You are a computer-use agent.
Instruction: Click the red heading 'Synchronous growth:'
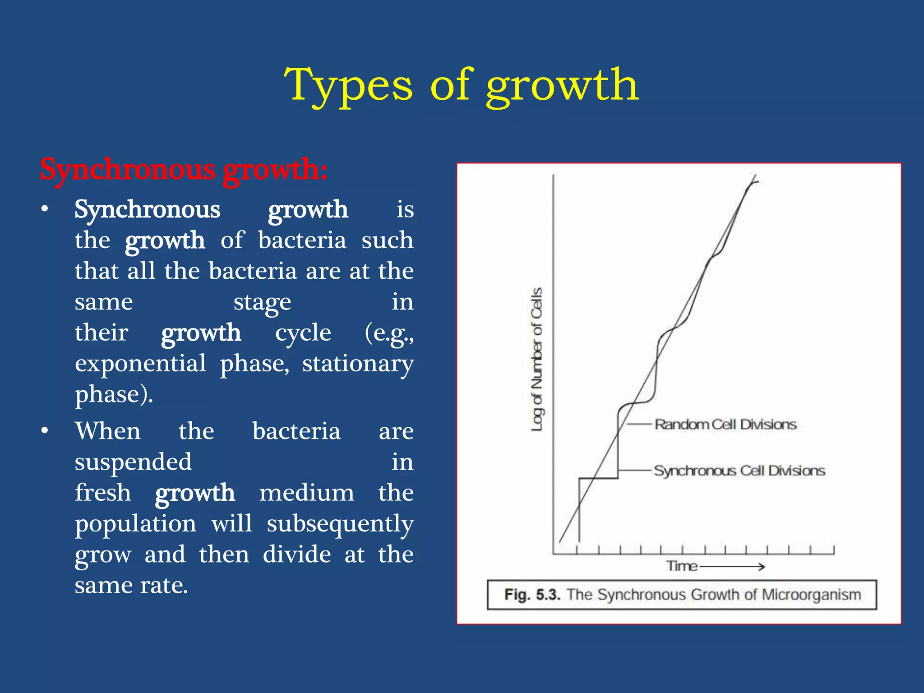click(184, 170)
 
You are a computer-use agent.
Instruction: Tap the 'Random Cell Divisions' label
click(725, 425)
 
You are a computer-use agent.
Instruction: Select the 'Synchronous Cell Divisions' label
click(739, 471)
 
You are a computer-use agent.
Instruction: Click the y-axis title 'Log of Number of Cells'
click(536, 359)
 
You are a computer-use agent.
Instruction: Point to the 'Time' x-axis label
click(682, 566)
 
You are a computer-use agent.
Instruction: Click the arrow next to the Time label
click(732, 567)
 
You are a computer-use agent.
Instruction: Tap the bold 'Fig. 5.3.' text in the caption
click(532, 595)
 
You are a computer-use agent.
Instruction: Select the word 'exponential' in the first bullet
click(140, 364)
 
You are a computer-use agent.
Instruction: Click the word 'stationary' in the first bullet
click(357, 364)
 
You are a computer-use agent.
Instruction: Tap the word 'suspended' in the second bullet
click(133, 462)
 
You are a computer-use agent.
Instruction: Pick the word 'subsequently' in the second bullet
click(340, 524)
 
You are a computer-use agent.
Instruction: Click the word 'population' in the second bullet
click(135, 524)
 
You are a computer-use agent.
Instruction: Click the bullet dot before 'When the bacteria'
click(44, 431)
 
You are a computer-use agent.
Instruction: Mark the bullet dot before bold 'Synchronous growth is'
click(44, 210)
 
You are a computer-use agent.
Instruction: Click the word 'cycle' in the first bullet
click(303, 333)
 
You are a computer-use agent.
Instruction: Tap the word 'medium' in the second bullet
click(306, 493)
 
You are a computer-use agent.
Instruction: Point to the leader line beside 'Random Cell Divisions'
click(638, 424)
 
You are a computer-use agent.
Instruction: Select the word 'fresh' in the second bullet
click(103, 493)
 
